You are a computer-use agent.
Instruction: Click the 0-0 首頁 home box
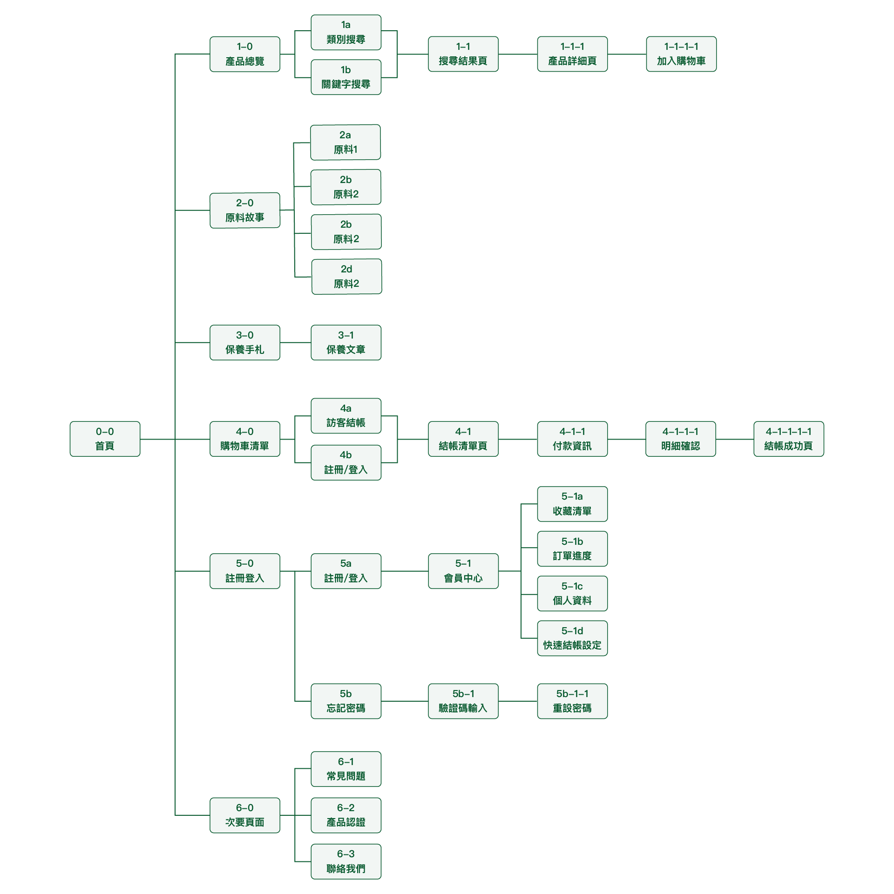click(x=105, y=439)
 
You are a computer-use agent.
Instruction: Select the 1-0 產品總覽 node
click(x=244, y=54)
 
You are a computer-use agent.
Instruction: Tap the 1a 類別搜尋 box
click(x=345, y=32)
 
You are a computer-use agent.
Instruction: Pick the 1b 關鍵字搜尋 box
click(x=345, y=77)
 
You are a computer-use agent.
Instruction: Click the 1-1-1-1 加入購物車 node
click(x=681, y=54)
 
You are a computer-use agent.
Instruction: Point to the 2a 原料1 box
click(x=345, y=142)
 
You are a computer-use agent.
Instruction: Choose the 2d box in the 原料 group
click(x=346, y=277)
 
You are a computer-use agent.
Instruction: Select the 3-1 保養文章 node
click(x=345, y=342)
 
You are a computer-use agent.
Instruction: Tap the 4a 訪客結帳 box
click(x=345, y=415)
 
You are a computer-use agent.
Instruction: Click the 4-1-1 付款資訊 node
click(x=572, y=439)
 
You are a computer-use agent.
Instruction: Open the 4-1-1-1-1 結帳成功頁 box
click(x=788, y=439)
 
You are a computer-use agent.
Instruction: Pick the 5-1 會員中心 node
click(x=463, y=571)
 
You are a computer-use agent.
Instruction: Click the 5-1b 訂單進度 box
click(x=572, y=549)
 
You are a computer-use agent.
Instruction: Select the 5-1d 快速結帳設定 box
click(x=572, y=638)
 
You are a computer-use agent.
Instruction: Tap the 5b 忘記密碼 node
click(x=345, y=701)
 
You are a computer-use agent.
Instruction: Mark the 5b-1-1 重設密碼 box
click(x=572, y=701)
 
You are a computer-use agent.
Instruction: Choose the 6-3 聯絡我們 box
click(x=345, y=861)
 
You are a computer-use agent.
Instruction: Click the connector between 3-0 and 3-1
click(x=295, y=343)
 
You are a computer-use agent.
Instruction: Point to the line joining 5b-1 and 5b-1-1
click(x=518, y=701)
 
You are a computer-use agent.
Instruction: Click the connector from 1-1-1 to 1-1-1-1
click(x=627, y=54)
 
